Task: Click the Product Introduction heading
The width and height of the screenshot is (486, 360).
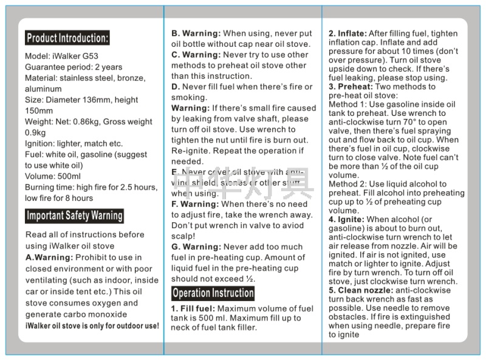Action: (x=67, y=38)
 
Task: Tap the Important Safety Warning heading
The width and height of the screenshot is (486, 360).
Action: (x=74, y=216)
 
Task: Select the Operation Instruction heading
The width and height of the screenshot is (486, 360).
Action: (x=213, y=293)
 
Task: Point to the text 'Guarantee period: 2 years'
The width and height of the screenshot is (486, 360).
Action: (x=74, y=67)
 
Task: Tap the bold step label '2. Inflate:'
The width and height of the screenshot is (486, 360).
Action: (x=347, y=33)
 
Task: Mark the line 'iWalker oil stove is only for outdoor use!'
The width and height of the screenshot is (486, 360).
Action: (x=92, y=326)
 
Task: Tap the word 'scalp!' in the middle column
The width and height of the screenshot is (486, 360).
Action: (x=185, y=236)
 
